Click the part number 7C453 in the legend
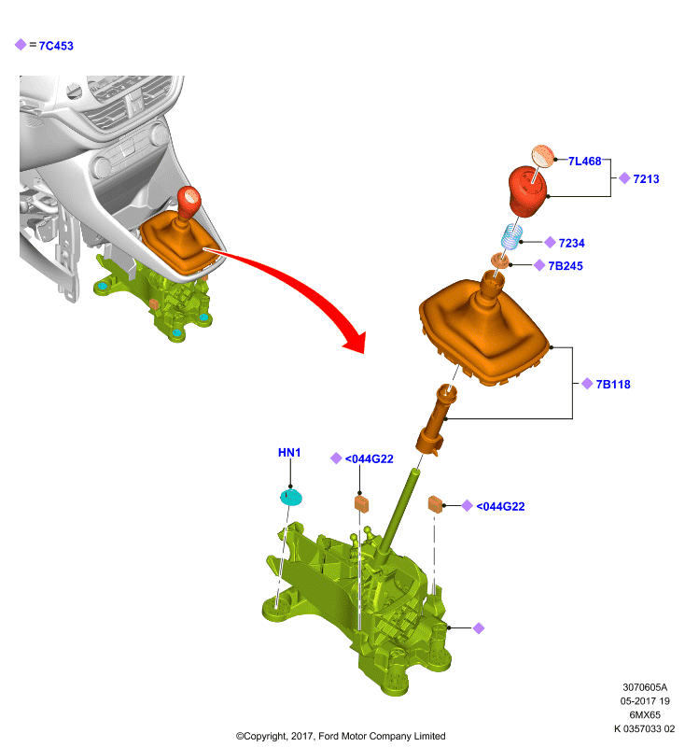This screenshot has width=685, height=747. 56,46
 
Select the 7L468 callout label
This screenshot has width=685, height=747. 584,161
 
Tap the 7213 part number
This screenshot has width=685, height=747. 646,178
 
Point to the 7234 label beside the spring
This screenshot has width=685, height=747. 571,243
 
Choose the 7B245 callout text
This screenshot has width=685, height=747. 566,266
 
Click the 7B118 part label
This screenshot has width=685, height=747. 613,384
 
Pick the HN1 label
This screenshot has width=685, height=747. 289,453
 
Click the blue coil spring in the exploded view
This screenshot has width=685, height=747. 511,237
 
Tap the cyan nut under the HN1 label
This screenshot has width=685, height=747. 291,497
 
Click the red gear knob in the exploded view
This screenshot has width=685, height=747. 526,190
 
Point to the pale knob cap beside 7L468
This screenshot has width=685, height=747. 543,156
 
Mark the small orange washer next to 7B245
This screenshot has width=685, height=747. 500,261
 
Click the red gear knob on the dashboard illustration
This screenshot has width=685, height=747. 189,202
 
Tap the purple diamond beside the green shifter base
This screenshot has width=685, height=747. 479,628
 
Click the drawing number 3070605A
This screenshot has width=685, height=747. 645,687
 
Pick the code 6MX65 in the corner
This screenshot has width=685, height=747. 645,714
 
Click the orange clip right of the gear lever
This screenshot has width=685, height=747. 436,504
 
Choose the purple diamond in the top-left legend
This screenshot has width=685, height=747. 21,45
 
